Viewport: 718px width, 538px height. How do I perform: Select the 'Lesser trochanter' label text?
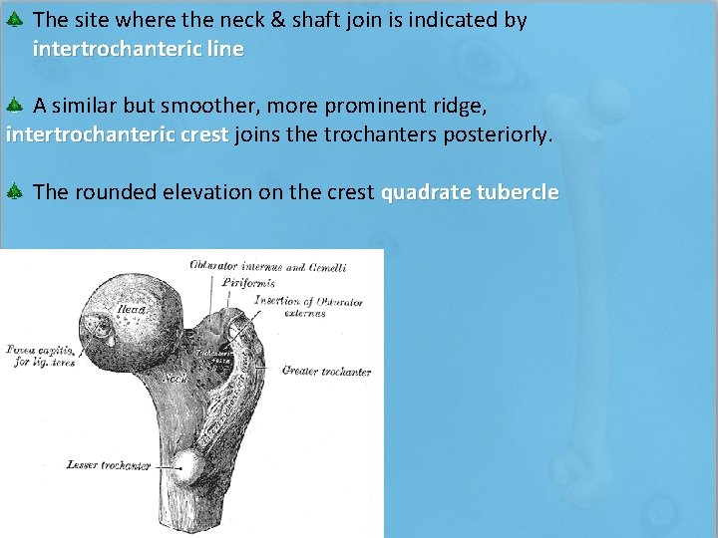(108, 465)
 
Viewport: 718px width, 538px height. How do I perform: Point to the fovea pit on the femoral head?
(99, 325)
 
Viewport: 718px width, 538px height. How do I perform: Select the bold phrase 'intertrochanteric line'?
(138, 49)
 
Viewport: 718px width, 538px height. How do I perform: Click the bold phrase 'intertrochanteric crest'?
(117, 134)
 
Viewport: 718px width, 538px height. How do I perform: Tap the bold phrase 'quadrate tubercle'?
(470, 192)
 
